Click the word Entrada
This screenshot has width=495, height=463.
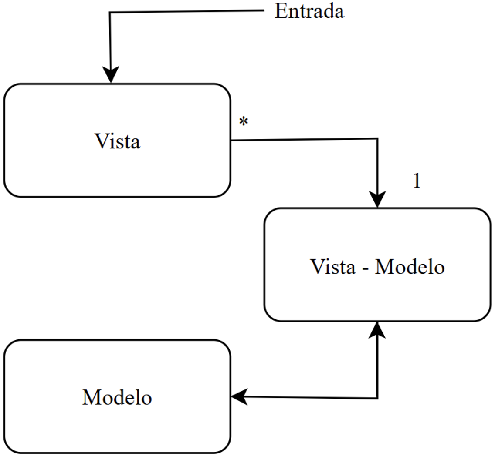point(309,11)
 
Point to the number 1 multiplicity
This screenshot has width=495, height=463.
point(417,182)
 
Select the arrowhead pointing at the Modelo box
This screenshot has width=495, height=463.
point(239,396)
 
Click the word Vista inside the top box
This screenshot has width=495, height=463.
point(117,142)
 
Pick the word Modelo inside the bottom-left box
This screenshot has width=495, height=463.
point(117,397)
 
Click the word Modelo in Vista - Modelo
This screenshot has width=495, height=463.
point(410,266)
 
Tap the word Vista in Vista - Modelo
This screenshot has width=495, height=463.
point(332,266)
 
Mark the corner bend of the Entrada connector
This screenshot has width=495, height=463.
point(110,13)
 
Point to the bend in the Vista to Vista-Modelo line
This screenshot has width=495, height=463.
point(377,139)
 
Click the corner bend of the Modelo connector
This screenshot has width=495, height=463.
point(377,398)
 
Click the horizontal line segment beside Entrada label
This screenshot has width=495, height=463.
point(187,12)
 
